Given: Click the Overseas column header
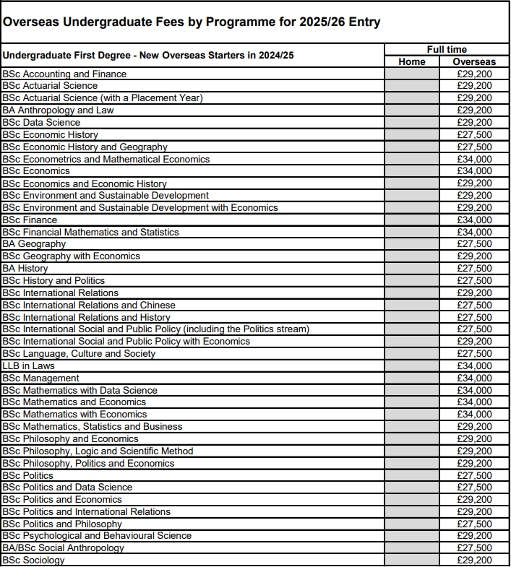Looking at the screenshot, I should click(x=474, y=61).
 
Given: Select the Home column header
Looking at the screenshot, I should click(x=412, y=61).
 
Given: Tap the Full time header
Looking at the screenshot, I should click(x=447, y=49).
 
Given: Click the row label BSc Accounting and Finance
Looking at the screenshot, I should click(x=64, y=74).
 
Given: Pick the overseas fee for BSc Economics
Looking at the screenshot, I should click(x=474, y=171).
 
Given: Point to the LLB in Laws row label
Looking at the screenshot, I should click(x=27, y=366).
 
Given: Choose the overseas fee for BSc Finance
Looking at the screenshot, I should click(x=474, y=220).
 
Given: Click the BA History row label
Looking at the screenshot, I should click(x=25, y=268).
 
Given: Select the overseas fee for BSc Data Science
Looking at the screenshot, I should click(x=474, y=122).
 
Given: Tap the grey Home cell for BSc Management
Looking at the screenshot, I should click(x=412, y=378).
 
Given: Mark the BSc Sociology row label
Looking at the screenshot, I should click(x=33, y=560).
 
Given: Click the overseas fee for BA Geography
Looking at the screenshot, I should click(x=474, y=244).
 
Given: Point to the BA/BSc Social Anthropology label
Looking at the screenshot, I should click(x=63, y=548).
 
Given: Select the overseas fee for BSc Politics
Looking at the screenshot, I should click(x=474, y=475).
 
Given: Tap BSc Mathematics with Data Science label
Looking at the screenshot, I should click(x=80, y=390).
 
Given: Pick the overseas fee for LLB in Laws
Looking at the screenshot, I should click(x=474, y=366).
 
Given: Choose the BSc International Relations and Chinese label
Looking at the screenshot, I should click(x=89, y=305).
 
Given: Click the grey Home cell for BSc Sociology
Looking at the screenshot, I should click(x=412, y=560).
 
